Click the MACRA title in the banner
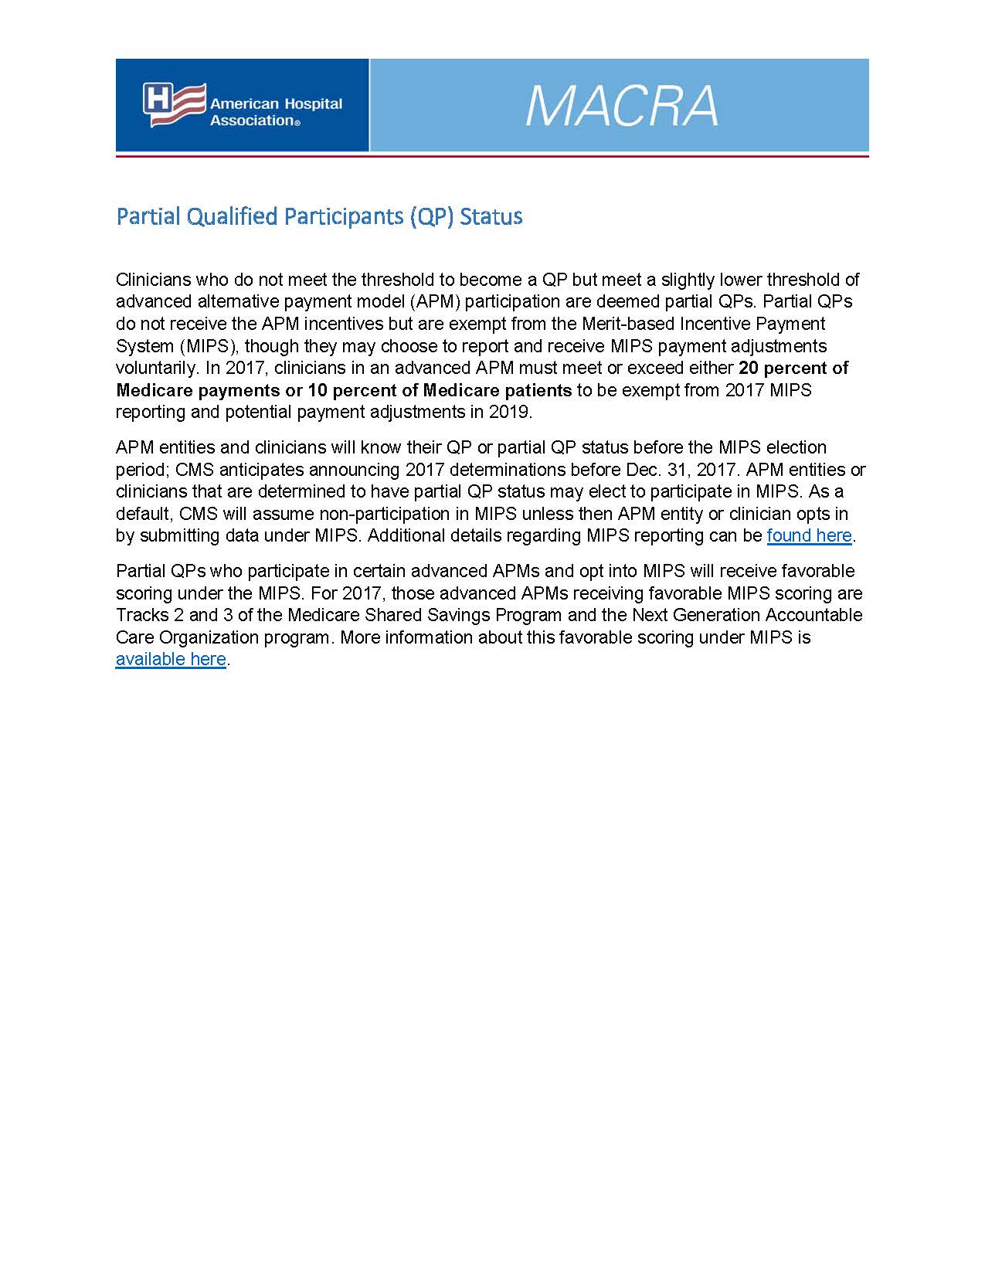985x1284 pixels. (622, 107)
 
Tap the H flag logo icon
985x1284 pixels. (174, 104)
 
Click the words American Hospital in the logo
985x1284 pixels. (276, 104)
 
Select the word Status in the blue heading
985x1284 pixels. (491, 216)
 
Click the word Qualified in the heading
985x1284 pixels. (233, 216)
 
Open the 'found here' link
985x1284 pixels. (809, 535)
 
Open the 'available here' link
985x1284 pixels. (171, 659)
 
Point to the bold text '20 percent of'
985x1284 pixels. (793, 368)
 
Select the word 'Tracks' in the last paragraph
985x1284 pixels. (141, 615)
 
